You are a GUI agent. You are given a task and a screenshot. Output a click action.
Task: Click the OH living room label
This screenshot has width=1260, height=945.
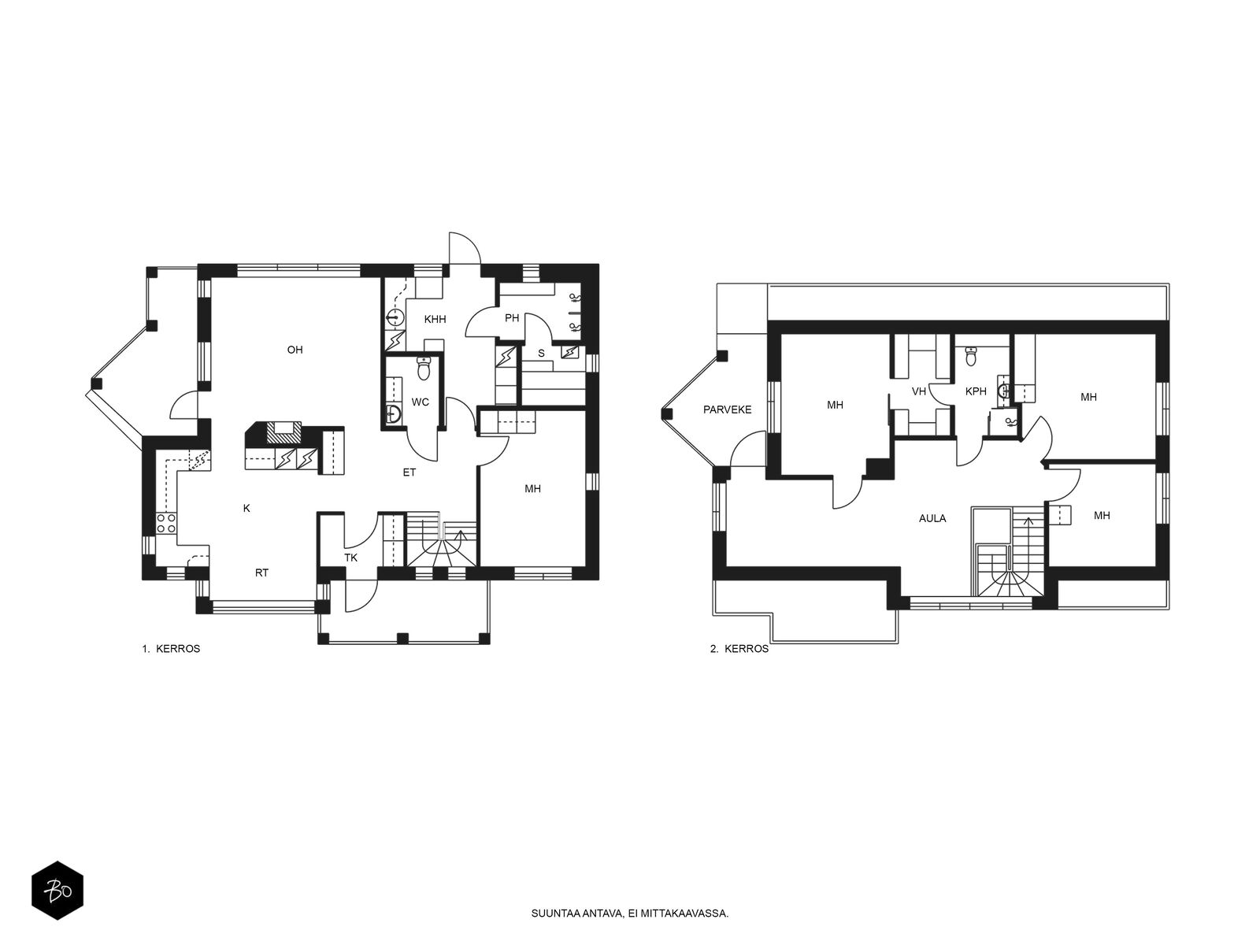295,350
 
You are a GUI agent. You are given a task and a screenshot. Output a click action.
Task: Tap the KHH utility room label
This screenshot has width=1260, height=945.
435,320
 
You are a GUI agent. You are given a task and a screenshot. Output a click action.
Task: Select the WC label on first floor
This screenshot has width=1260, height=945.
421,402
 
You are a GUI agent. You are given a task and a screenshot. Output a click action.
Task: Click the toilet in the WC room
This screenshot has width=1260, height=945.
424,369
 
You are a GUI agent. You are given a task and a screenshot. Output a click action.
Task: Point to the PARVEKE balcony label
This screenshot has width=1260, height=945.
728,409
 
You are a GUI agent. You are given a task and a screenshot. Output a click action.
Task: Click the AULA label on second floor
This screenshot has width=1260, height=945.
932,519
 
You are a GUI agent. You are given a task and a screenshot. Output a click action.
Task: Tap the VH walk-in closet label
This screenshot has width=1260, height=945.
918,391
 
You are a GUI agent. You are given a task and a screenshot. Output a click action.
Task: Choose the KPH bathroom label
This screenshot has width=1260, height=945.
976,391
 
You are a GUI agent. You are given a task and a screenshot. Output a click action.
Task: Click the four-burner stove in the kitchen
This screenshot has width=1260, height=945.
166,523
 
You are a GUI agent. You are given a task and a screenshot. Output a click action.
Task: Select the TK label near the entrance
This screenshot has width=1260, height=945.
350,558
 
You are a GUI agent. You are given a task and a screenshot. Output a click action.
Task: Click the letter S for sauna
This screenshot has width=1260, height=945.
541,354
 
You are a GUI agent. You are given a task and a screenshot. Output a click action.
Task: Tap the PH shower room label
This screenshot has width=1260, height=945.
511,318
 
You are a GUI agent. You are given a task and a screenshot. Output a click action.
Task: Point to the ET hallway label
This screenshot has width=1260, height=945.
409,472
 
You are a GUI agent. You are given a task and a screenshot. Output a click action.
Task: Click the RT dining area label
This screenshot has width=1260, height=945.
261,573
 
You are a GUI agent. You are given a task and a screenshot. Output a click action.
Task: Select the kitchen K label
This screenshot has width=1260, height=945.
246,509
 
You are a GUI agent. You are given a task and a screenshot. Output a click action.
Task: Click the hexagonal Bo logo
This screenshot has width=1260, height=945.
57,891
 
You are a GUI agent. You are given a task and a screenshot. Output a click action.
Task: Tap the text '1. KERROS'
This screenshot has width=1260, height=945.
171,649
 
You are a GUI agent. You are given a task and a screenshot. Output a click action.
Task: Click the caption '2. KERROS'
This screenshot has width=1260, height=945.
739,649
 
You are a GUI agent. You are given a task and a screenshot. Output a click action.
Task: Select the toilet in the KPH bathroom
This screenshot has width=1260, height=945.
971,356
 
